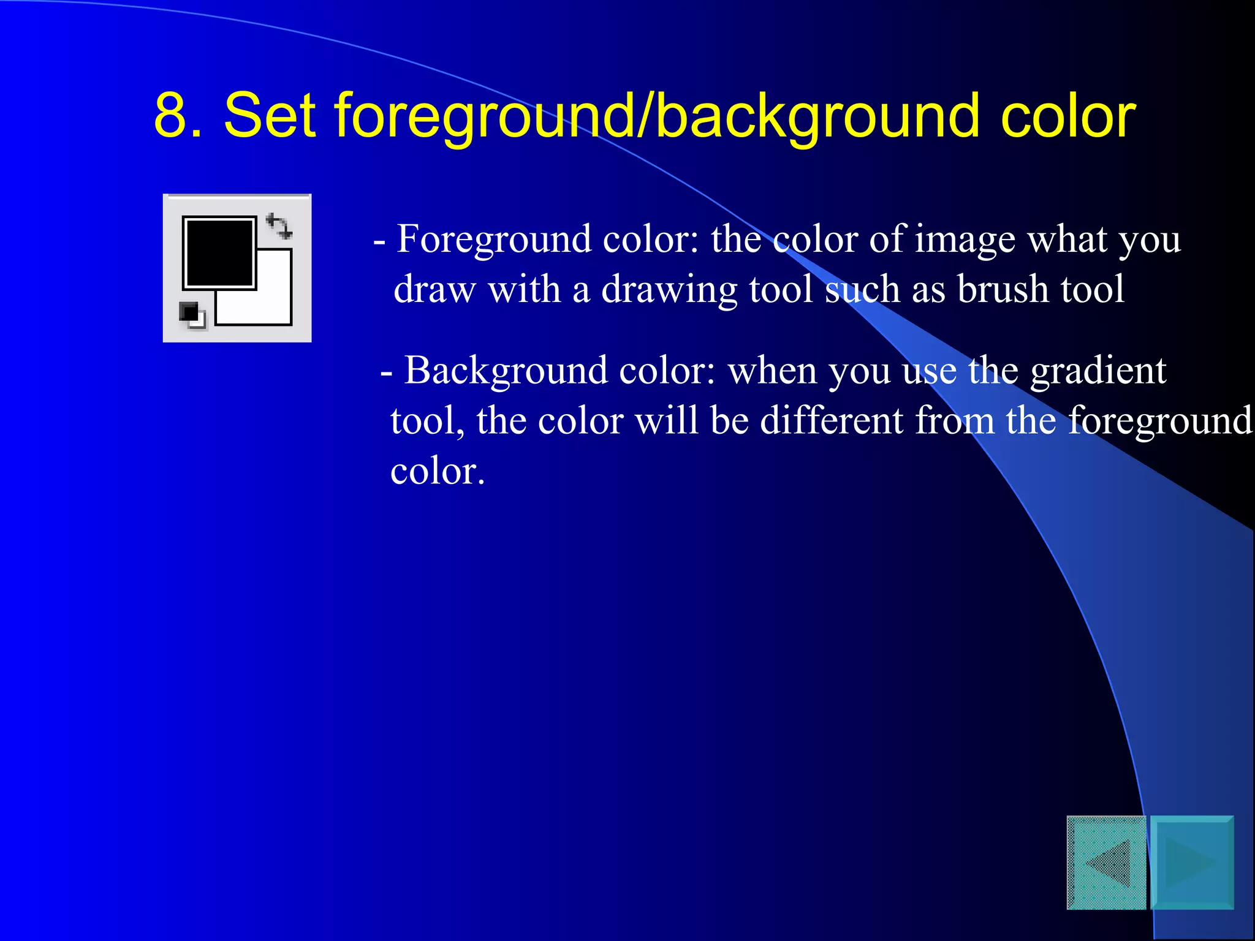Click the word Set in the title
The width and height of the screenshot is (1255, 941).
270,115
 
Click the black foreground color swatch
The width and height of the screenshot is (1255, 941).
218,251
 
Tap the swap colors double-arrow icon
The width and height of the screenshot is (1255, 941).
279,226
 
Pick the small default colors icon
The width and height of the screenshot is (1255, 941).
192,315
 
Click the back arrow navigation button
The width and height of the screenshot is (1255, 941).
1106,863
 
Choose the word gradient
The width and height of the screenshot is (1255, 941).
1098,371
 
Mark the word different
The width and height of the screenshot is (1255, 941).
831,421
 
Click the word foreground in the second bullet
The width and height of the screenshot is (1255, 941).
1160,422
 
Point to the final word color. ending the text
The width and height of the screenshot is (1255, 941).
438,472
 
